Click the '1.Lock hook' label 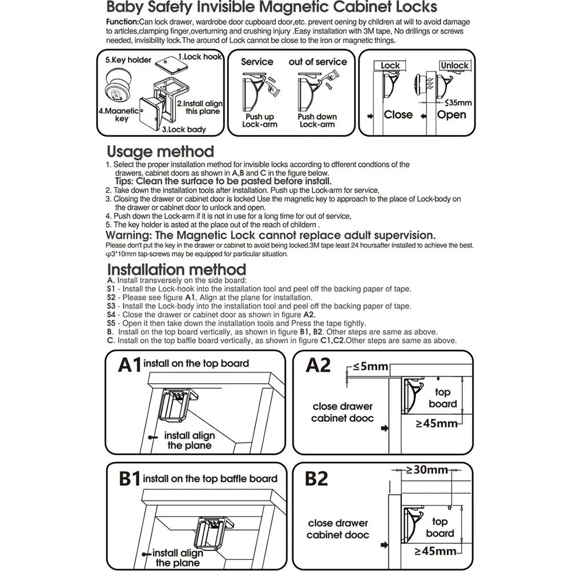200,57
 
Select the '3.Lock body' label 184,130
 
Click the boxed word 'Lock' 391,66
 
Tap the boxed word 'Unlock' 455,66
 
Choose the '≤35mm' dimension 457,103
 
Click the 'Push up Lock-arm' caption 260,120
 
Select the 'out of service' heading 317,62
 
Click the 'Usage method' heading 160,152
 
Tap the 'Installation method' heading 176,270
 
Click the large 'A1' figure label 130,365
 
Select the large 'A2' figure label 318,365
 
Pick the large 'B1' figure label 130,479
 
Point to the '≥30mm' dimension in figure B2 427,470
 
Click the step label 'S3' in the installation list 111,306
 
